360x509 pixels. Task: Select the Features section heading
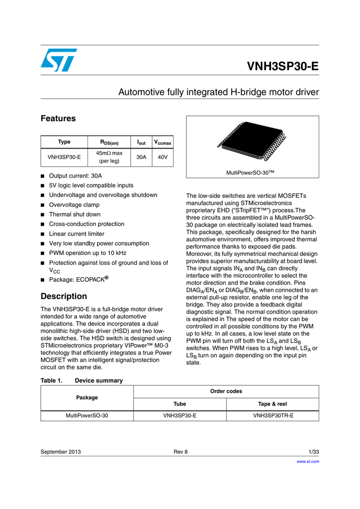coord(58,119)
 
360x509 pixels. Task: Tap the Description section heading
coord(63,296)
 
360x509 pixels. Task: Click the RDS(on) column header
coord(108,142)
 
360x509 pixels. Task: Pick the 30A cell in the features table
coord(141,157)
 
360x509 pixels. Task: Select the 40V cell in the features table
coord(162,157)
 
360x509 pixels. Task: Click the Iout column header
coord(141,142)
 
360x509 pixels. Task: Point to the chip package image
coord(252,142)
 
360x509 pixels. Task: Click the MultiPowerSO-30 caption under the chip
coord(251,172)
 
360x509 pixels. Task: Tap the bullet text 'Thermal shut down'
coord(75,214)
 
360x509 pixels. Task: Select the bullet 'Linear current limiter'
coord(77,234)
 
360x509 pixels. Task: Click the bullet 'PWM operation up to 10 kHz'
coord(88,253)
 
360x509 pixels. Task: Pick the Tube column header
coord(180,404)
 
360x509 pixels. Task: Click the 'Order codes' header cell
coord(226,391)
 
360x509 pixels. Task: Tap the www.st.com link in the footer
coord(307,461)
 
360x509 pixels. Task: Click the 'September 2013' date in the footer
coord(61,452)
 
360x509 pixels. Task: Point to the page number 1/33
coord(313,452)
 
